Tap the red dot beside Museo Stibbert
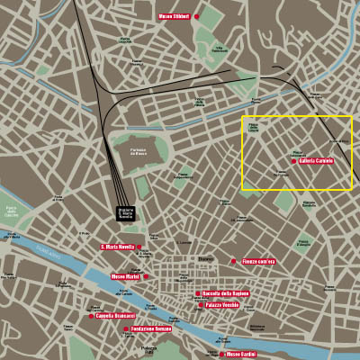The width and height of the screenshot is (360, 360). click(x=196, y=16)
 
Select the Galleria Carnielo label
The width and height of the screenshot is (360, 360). click(x=317, y=161)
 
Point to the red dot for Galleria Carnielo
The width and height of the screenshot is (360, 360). click(x=293, y=161)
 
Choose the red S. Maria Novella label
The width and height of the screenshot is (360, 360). click(x=116, y=247)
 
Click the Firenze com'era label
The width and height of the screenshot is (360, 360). click(x=261, y=262)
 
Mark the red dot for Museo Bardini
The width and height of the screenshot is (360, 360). click(x=223, y=355)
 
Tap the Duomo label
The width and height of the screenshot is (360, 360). click(x=207, y=259)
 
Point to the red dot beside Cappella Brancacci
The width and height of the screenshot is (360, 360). click(x=91, y=316)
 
